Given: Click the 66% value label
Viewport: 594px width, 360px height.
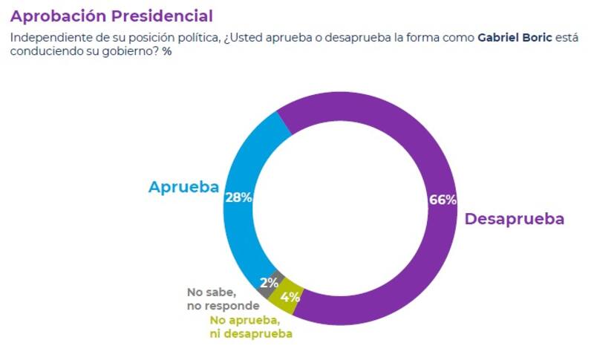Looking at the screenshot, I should coord(443,200).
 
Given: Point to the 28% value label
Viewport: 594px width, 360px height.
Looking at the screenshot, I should coord(238,197).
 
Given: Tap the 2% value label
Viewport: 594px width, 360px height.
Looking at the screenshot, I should coord(269,282).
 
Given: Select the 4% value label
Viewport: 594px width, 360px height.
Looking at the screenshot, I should coord(290,298).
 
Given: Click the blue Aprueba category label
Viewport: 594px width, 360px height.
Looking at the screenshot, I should coord(183,187).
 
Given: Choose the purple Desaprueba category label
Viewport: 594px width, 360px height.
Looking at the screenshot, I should coord(514,219).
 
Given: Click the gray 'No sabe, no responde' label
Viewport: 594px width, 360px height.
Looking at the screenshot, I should coord(223,298).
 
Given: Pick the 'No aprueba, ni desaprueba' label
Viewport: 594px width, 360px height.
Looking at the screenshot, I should coord(250,327).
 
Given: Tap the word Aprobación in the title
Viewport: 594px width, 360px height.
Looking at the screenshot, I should coord(57,16).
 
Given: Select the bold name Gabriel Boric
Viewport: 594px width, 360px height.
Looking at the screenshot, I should coord(515,38).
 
